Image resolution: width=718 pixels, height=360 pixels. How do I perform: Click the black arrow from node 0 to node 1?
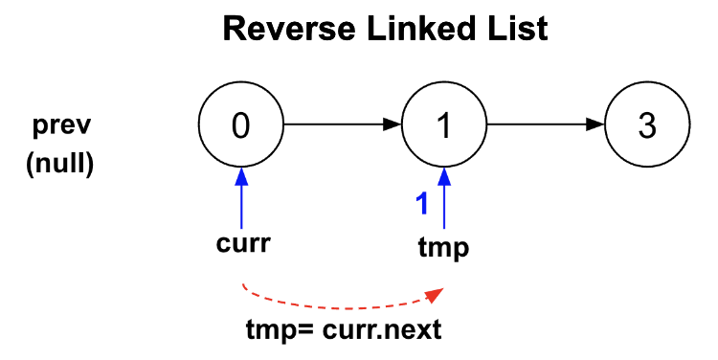(x=342, y=124)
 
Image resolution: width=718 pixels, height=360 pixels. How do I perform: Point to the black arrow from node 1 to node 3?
(x=546, y=124)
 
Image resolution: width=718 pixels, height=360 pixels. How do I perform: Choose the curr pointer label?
(x=240, y=243)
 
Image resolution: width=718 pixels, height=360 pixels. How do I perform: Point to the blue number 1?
(x=419, y=203)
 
